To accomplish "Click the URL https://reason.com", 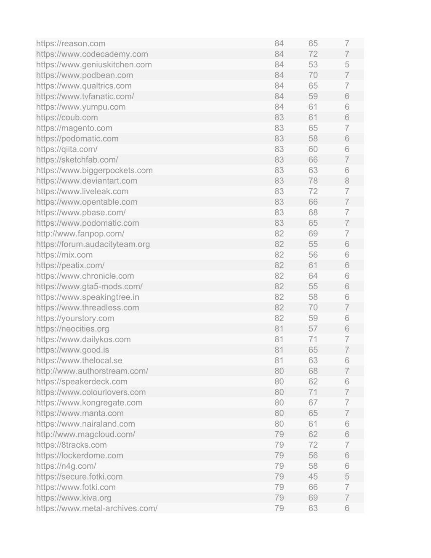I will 71,43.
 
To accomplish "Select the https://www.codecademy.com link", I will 92,54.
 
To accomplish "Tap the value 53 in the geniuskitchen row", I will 313,64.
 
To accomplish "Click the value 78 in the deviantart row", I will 313,181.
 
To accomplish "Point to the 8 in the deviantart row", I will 347,181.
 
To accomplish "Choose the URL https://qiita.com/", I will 67,149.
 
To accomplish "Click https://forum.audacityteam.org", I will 93,244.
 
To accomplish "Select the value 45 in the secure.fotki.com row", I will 313,477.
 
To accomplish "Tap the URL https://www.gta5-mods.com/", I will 89,286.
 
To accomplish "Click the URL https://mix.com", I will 64,255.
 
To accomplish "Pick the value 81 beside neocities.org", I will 279,329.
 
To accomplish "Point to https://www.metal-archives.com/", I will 97,508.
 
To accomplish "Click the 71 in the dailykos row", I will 313,339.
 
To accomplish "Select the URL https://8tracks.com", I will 71,445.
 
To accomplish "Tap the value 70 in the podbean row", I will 313,75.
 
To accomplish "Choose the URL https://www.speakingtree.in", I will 88,297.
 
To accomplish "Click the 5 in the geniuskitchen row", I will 347,64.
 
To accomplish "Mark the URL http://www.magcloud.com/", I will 85,434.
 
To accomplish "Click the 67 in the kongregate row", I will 313,403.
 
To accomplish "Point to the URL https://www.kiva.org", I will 74,498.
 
